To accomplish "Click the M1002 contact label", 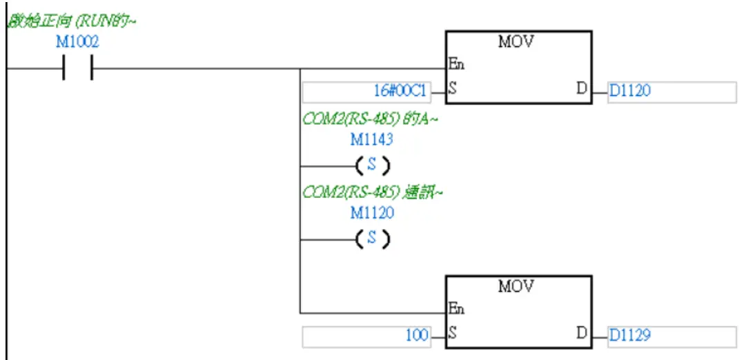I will click(x=77, y=42).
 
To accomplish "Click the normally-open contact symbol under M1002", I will click(x=77, y=68).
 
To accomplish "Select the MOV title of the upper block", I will click(x=516, y=41).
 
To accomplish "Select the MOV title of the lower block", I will click(x=516, y=286).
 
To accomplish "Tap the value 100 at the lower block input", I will click(x=417, y=336).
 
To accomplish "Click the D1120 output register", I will click(x=629, y=90).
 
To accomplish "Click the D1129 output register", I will click(x=629, y=336).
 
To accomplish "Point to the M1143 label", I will click(x=372, y=139).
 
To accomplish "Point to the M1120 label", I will click(x=372, y=212).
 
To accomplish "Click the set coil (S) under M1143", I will click(x=372, y=166).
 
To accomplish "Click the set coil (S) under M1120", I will click(x=372, y=239).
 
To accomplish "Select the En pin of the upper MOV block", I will click(x=456, y=65).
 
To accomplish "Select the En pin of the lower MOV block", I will click(x=456, y=310).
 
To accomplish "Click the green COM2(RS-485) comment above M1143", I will click(x=371, y=119).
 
